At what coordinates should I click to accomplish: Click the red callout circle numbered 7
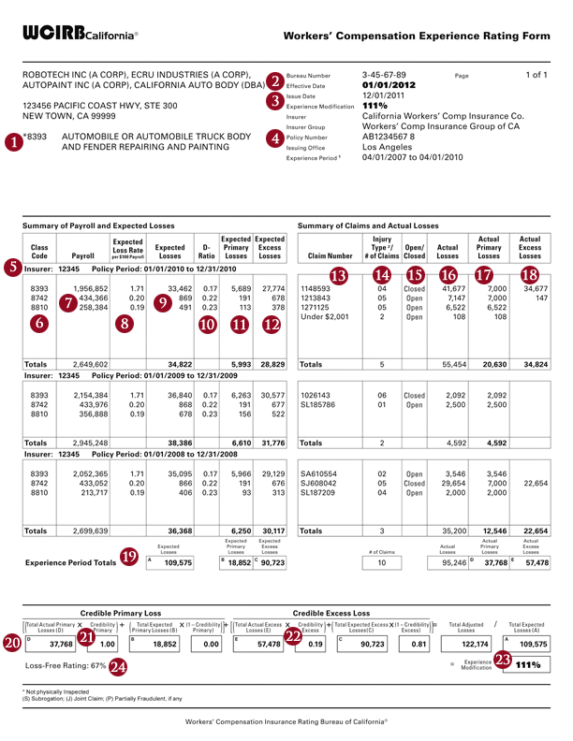[67, 302]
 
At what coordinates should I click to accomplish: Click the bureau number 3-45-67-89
[384, 73]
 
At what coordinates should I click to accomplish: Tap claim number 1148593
[318, 290]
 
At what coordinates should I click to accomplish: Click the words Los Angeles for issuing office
[387, 147]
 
